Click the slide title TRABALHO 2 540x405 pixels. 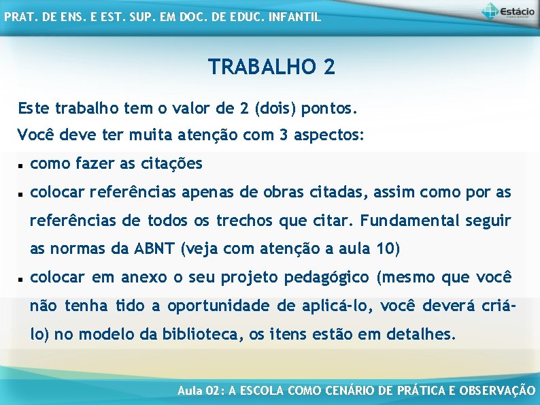click(271, 67)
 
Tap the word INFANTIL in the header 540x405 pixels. click(294, 17)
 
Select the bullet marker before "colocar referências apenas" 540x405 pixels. click(21, 194)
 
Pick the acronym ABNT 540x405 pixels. click(158, 250)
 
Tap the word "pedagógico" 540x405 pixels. click(327, 278)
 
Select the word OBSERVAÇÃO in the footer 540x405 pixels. click(497, 391)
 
